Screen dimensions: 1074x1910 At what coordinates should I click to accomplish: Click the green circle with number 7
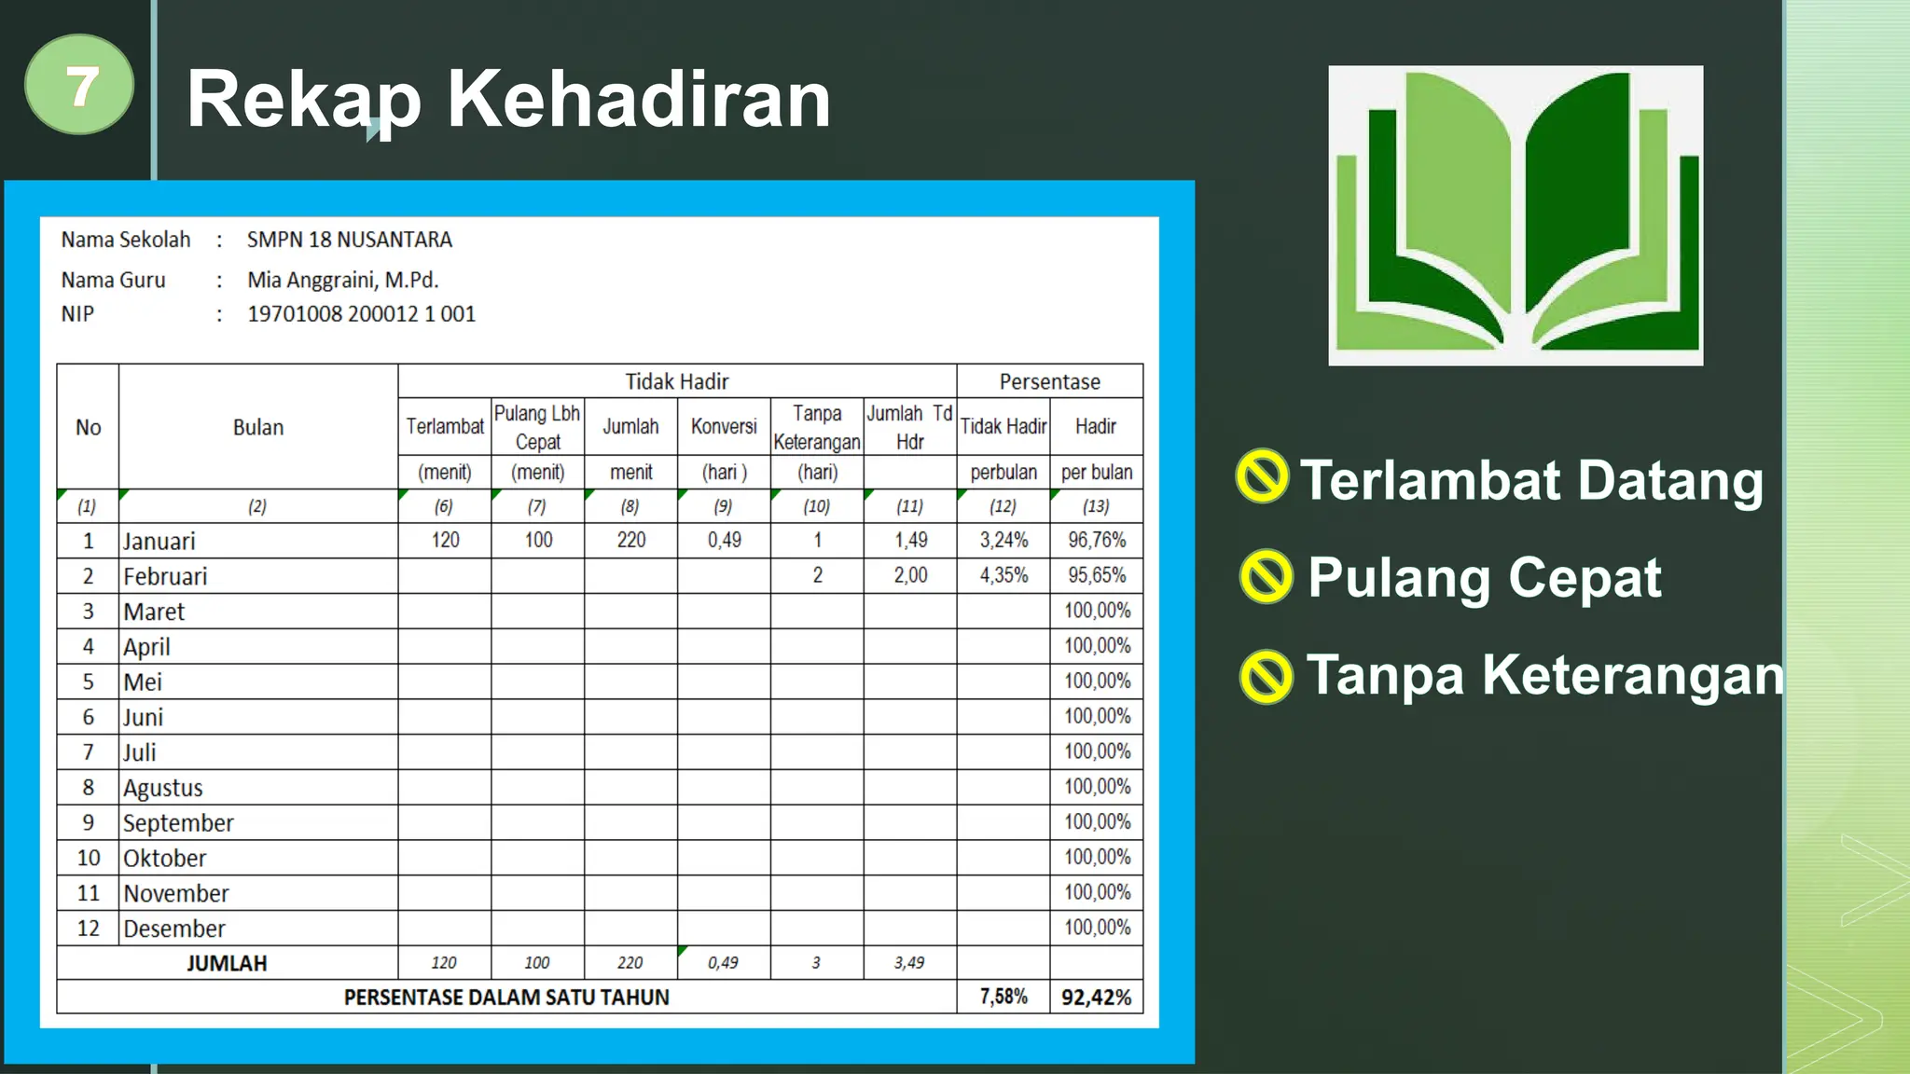tap(79, 85)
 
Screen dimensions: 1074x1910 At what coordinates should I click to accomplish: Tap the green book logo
tap(1516, 215)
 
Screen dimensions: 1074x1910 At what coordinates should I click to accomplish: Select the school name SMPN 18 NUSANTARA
tap(349, 240)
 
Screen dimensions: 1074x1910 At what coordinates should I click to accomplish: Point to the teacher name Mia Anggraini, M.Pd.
tap(342, 280)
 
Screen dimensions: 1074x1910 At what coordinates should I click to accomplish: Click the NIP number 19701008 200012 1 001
tap(361, 314)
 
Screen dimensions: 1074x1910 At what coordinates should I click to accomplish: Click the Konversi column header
tap(724, 426)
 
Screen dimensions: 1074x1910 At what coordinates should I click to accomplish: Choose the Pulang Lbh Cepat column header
tap(537, 427)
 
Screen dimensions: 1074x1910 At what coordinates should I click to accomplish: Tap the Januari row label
tap(159, 541)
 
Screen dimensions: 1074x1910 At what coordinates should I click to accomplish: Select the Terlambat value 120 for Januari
tap(445, 540)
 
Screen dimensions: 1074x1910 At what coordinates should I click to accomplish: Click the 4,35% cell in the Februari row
tap(1003, 575)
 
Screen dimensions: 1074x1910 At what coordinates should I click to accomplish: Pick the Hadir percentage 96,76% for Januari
tap(1097, 540)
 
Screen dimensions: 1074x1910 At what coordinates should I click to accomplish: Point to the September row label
tap(178, 823)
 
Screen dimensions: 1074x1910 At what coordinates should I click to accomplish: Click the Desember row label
tap(174, 929)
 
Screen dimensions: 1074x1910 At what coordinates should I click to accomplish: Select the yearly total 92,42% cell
tap(1096, 997)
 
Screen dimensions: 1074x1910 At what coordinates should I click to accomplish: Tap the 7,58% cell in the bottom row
tap(1003, 997)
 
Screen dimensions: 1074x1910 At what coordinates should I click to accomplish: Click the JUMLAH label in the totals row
tap(227, 963)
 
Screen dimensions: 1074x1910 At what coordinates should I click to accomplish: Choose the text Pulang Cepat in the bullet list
tap(1484, 577)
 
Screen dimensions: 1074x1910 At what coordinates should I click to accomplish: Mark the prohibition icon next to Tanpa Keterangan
tap(1266, 676)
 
